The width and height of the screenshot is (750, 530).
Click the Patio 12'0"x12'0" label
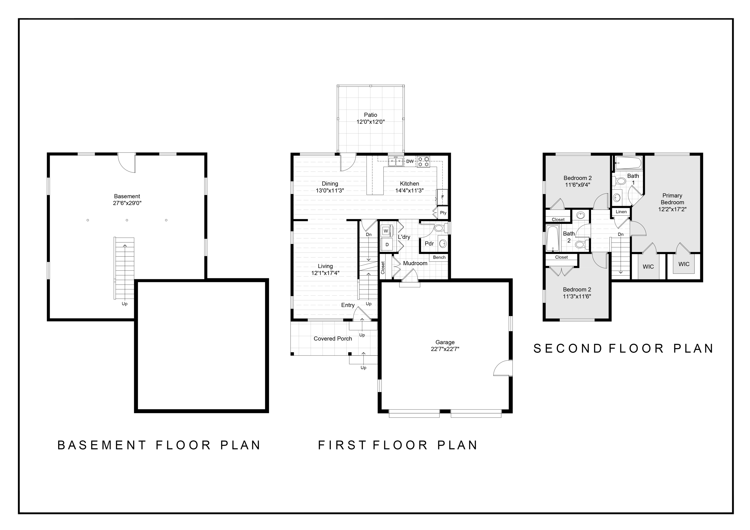[370, 118]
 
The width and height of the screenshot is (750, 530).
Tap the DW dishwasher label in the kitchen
[410, 161]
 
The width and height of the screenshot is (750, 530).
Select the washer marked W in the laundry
[386, 231]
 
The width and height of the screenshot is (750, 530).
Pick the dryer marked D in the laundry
[387, 244]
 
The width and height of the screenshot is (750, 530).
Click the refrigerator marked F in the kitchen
[442, 197]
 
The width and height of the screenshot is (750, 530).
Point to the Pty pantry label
[443, 212]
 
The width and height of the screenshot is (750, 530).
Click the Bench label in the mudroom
[439, 257]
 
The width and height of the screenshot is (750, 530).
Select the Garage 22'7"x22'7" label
[445, 345]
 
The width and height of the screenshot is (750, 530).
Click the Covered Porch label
[332, 339]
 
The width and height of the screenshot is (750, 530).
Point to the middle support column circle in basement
[127, 220]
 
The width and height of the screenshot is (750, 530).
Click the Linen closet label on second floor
[621, 211]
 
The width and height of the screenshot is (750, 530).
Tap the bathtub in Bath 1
[628, 162]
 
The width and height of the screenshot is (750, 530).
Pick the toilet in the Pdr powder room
[439, 228]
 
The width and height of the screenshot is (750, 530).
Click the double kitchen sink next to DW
[395, 161]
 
